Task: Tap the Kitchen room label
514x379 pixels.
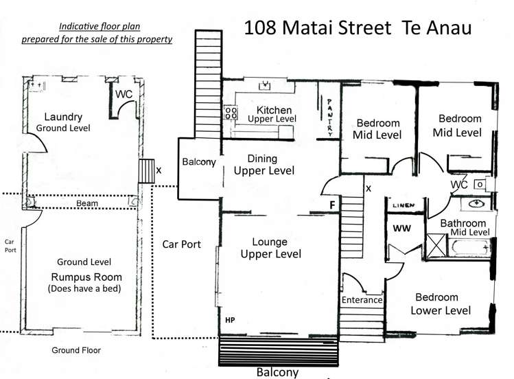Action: (274, 111)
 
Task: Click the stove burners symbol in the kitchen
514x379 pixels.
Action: (230, 113)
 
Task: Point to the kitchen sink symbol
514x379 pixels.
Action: (264, 87)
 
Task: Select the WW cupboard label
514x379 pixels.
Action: (400, 229)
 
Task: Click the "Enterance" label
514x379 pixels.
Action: (362, 300)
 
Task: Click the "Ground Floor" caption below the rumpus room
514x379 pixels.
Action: (76, 350)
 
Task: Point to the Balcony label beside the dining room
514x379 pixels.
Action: (200, 163)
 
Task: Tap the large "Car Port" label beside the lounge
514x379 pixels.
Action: (181, 244)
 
